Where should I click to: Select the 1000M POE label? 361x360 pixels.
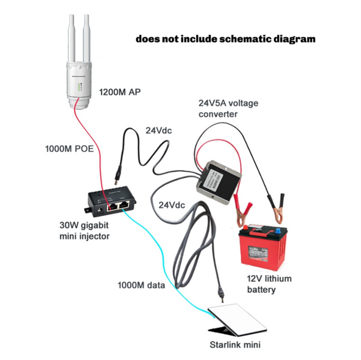click(66, 149)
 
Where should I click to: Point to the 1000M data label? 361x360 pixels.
click(142, 285)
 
